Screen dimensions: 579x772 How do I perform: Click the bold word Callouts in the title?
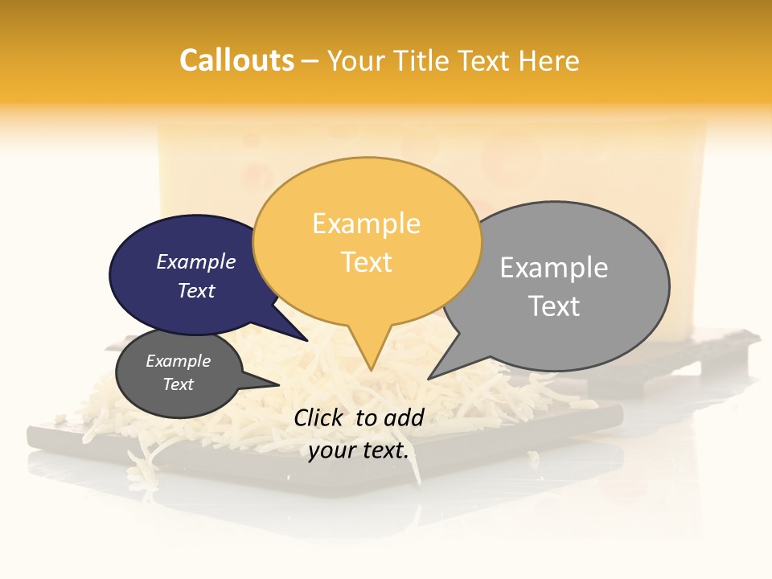pos(236,60)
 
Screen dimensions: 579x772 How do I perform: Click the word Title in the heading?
pos(423,60)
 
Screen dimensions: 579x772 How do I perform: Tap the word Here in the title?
pos(549,60)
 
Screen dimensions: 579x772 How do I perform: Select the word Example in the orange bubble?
pos(366,224)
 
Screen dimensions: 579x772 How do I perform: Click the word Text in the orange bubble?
pos(366,262)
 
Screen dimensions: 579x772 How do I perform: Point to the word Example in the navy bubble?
pos(196,261)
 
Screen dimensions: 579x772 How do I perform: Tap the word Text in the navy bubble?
pos(196,290)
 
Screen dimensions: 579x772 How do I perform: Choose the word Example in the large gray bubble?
pos(553,268)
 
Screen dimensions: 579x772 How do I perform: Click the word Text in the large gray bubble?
pos(553,306)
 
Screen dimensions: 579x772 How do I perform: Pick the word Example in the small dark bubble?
pos(178,361)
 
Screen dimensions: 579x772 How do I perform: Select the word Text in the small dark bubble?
pos(178,384)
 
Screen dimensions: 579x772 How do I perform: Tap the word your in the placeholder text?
pos(331,450)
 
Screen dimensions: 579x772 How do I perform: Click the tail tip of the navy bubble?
pos(306,339)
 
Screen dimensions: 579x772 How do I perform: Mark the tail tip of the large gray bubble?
pos(429,377)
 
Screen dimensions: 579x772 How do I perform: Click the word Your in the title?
pos(354,60)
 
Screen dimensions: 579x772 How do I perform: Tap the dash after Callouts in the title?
pos(310,61)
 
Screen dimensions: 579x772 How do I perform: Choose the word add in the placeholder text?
pos(404,417)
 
